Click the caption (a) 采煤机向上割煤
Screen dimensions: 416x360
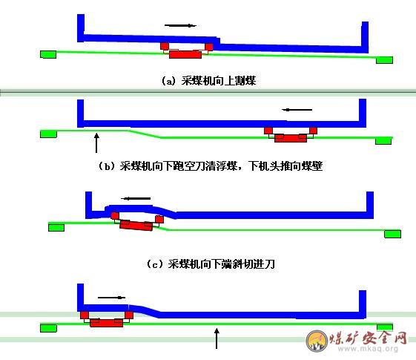pos(209,81)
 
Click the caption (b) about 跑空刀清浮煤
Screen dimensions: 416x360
pos(210,166)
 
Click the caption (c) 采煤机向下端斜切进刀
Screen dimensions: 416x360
pos(211,264)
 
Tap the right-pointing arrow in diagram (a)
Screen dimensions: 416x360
pos(180,25)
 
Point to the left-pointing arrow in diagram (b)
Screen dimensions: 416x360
pos(297,110)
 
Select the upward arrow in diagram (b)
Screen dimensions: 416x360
pos(96,143)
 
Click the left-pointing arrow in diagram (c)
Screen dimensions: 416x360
pos(136,198)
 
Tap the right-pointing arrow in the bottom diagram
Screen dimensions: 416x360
pos(111,298)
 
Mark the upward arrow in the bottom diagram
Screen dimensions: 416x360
pos(217,338)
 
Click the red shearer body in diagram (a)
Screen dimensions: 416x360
pos(185,54)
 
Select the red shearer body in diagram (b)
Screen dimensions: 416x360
pos(291,138)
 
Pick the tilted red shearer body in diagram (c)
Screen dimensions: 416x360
pos(136,225)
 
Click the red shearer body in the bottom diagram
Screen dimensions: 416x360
pos(106,323)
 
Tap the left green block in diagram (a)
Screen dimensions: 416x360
pos(48,54)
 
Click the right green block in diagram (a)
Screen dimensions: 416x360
pos(384,60)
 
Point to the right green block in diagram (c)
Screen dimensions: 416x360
pos(393,234)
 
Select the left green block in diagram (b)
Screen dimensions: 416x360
pos(48,134)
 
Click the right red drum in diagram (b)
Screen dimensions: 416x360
pos(314,131)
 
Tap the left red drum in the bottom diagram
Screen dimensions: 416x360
pos(85,315)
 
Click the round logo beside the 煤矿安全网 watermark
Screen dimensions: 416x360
pos(317,341)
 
